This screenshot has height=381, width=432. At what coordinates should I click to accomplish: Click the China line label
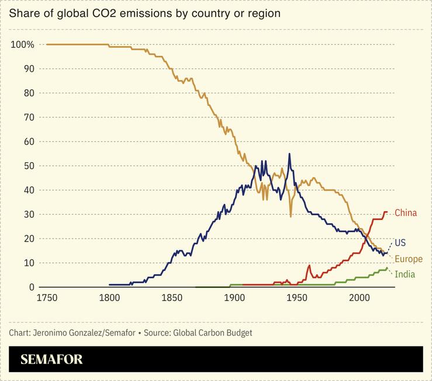pos(406,213)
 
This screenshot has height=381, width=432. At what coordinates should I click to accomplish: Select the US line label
pos(400,242)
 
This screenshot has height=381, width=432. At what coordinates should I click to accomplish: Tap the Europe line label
pos(408,259)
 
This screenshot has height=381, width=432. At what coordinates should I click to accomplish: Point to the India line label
pos(405,274)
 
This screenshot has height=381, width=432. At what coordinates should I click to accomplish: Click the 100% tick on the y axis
pos(23,45)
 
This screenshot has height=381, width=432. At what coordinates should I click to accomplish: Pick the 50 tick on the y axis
pos(29,166)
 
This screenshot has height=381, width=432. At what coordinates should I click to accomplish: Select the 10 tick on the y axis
pos(29,263)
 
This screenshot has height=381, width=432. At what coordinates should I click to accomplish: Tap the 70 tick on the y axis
pos(29,117)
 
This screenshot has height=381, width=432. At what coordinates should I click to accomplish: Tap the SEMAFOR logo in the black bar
pos(51,359)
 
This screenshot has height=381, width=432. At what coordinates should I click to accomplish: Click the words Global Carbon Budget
pos(219,333)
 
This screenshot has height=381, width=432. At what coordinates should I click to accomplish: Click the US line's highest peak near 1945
pos(289,154)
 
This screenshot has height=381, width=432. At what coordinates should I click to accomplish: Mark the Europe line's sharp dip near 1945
pos(291,216)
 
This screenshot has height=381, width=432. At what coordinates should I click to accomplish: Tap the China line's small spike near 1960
pos(309,265)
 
